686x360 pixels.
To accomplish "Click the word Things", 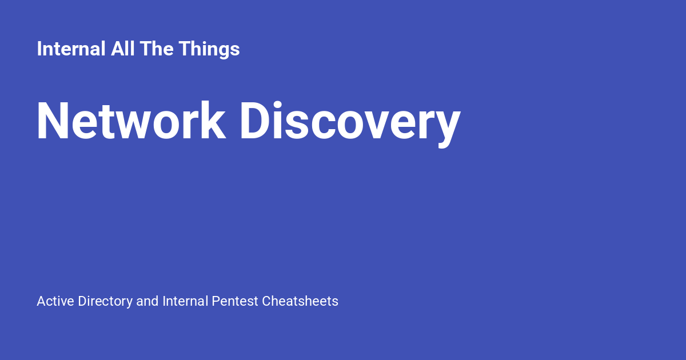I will click(209, 49).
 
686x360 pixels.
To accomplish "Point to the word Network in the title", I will click(131, 121).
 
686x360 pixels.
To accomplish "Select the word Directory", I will click(106, 301).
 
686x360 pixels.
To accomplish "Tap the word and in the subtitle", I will click(147, 301).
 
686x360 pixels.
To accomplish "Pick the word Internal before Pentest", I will click(185, 301).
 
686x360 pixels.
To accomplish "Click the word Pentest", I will click(235, 301).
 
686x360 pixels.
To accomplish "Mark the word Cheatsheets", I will click(300, 301).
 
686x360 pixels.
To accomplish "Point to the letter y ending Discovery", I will click(448, 126).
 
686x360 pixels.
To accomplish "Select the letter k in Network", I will click(214, 121).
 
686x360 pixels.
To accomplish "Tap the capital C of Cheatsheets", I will click(266, 301).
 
